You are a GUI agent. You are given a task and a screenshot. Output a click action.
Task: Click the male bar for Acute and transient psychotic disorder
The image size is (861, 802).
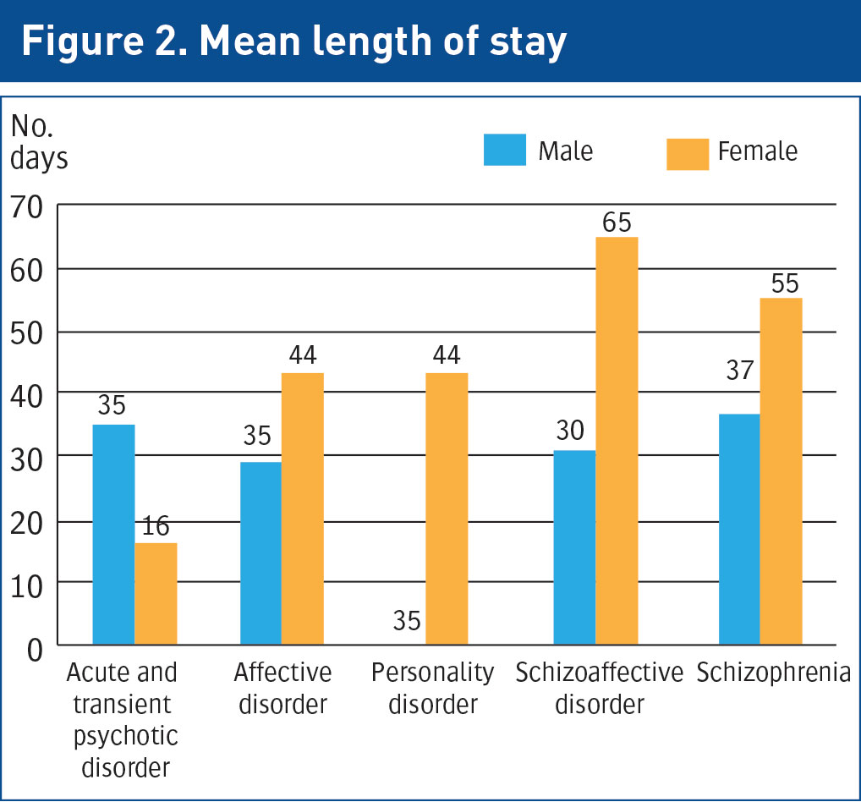pyautogui.click(x=113, y=535)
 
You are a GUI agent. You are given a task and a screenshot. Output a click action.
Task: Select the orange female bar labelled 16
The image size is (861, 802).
pyautogui.click(x=156, y=594)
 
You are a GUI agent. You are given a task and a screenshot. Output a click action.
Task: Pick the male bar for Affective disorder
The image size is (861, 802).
pyautogui.click(x=260, y=553)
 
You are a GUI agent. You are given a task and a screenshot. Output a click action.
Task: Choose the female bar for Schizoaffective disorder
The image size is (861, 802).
pyautogui.click(x=617, y=441)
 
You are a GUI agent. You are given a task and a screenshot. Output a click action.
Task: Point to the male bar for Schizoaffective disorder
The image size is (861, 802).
pyautogui.click(x=574, y=548)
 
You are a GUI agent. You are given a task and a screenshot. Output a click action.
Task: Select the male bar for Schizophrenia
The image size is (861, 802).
pyautogui.click(x=739, y=530)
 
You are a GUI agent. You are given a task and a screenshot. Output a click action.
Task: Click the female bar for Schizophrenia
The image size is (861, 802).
pyautogui.click(x=781, y=471)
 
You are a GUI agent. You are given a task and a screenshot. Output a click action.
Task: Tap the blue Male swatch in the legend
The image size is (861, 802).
pyautogui.click(x=504, y=150)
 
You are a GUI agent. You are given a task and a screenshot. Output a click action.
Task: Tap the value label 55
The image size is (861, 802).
pyautogui.click(x=781, y=283)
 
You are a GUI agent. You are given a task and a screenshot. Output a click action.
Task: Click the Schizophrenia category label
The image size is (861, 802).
pyautogui.click(x=773, y=673)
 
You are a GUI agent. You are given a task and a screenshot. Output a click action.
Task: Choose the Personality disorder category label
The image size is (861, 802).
pyautogui.click(x=432, y=688)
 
